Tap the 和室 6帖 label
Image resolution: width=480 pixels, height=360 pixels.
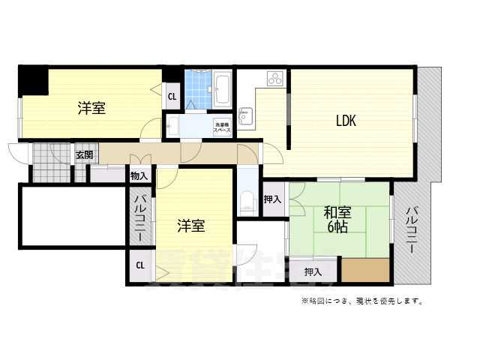335,218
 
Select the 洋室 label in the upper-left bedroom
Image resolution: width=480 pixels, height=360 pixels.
91,109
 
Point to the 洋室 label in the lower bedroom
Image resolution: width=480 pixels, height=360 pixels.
190,225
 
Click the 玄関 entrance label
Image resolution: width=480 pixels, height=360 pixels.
83,155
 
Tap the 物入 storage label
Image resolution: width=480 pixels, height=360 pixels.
139,176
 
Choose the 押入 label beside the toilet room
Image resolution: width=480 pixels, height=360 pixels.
272,199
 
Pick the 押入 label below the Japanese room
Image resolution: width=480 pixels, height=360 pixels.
313,271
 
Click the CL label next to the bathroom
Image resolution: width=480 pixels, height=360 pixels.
172,96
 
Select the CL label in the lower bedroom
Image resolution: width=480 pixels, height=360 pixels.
139,265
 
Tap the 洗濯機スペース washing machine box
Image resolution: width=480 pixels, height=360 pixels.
222,127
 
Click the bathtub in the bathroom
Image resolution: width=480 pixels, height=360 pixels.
222,89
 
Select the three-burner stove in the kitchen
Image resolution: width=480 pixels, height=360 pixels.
273,77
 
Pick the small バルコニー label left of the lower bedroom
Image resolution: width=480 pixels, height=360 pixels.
139,217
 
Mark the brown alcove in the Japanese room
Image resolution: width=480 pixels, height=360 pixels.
366,270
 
